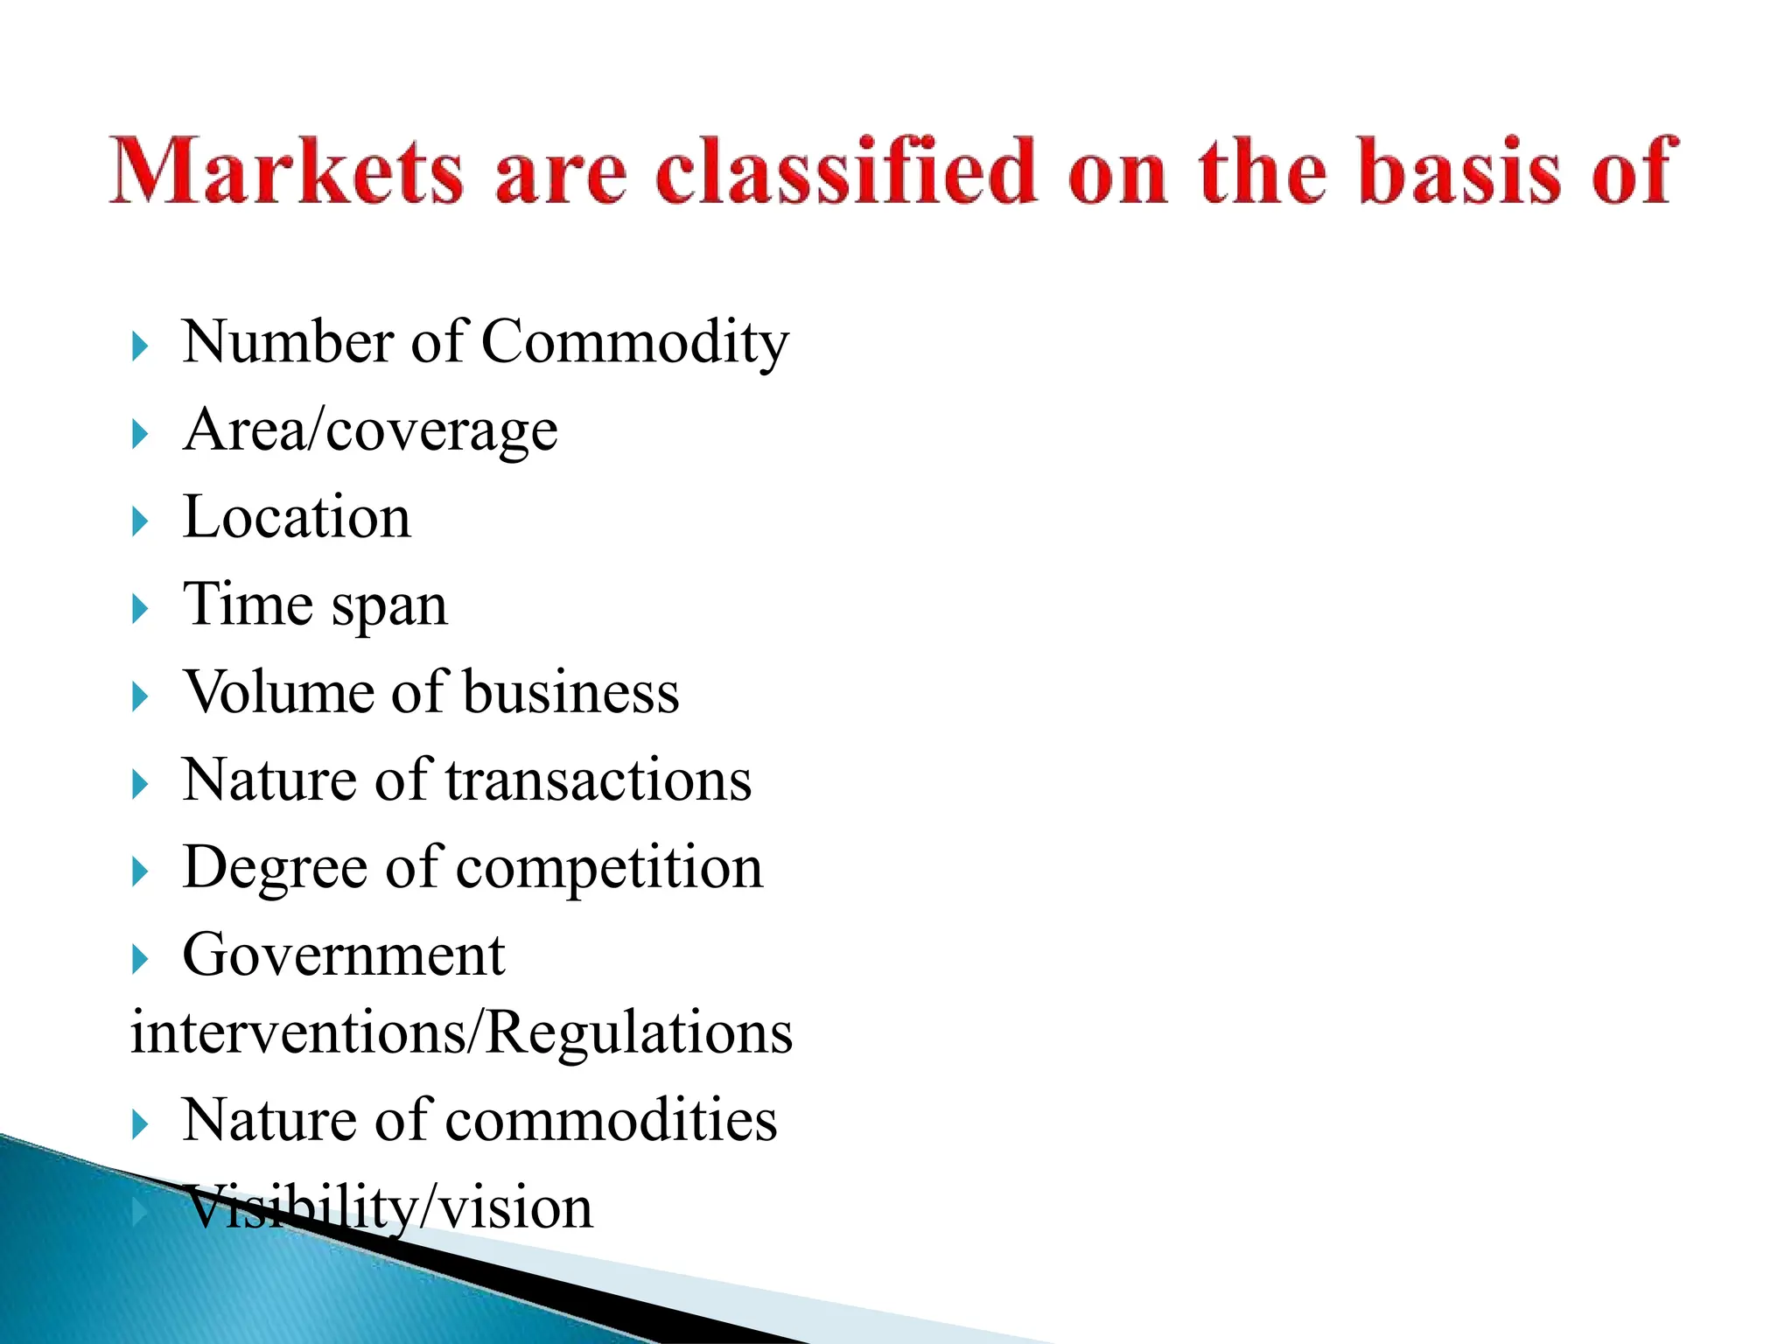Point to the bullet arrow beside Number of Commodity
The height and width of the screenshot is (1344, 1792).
(x=140, y=346)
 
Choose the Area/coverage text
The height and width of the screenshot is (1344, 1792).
(x=370, y=430)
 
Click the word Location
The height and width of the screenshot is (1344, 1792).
(x=297, y=516)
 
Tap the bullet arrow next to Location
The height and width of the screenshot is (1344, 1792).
(x=140, y=522)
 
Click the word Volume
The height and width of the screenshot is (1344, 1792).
(x=279, y=692)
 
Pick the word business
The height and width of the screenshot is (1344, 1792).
(x=570, y=692)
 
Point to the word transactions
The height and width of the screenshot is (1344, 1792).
(x=598, y=780)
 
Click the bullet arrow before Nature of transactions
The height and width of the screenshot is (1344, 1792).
(x=140, y=785)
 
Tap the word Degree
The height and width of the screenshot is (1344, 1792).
(x=275, y=869)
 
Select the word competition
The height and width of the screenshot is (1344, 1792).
(x=609, y=869)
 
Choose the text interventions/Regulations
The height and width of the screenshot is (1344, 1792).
(x=461, y=1032)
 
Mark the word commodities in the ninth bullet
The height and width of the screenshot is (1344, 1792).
(x=611, y=1120)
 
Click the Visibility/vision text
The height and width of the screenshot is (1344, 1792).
(x=388, y=1208)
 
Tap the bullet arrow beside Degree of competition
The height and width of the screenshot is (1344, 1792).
(x=140, y=872)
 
